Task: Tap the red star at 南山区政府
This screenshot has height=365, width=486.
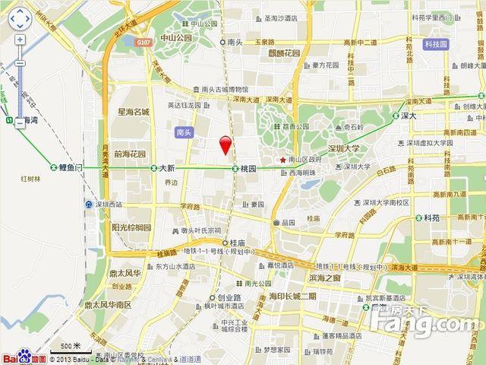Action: click(x=282, y=160)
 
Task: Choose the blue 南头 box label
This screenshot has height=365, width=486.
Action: click(x=185, y=132)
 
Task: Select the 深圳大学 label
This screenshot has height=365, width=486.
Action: click(x=342, y=149)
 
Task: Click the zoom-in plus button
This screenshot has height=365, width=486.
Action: click(x=20, y=40)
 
